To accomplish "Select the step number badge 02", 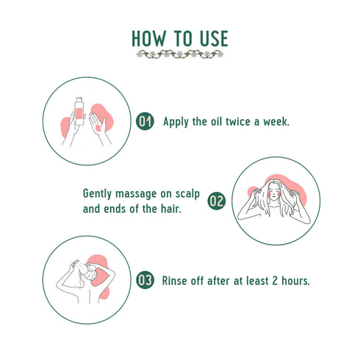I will [216, 201].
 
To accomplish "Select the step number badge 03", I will [146, 280].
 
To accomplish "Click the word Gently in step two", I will [98, 193].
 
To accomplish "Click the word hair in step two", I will [170, 209].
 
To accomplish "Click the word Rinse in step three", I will [177, 280].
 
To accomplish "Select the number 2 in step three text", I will [284, 280].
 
